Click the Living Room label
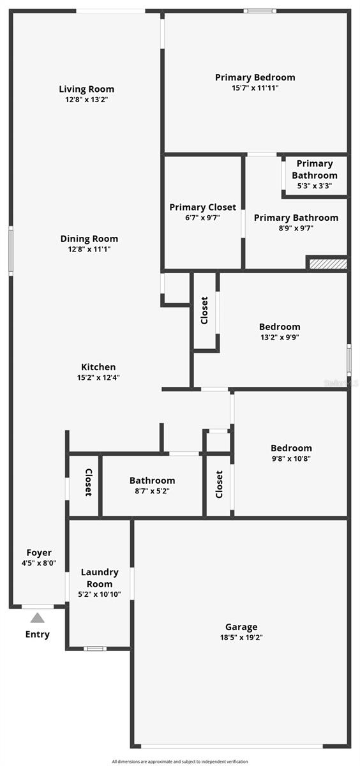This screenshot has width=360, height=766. (86, 89)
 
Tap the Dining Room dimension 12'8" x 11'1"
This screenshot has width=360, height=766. (89, 249)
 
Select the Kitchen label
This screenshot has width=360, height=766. (98, 367)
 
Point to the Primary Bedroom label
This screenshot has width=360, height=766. (255, 77)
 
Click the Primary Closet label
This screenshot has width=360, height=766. (202, 207)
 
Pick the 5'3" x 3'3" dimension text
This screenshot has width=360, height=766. (315, 186)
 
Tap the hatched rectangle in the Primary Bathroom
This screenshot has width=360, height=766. (328, 263)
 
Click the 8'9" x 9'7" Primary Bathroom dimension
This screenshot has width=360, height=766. (296, 228)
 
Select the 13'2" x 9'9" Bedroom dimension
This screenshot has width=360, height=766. (279, 337)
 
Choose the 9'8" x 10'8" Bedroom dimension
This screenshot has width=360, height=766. (291, 458)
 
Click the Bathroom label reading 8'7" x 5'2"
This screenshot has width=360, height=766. (152, 481)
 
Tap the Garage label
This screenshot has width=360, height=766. (241, 627)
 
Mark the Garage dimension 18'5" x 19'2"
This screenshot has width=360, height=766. (241, 637)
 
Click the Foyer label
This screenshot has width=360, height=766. (39, 553)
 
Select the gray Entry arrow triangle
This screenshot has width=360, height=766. (38, 617)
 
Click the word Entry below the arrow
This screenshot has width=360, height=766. (37, 635)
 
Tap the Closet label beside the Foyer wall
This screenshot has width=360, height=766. (88, 483)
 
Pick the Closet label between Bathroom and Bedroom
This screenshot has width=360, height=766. (219, 484)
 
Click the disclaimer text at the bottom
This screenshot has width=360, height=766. (180, 761)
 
